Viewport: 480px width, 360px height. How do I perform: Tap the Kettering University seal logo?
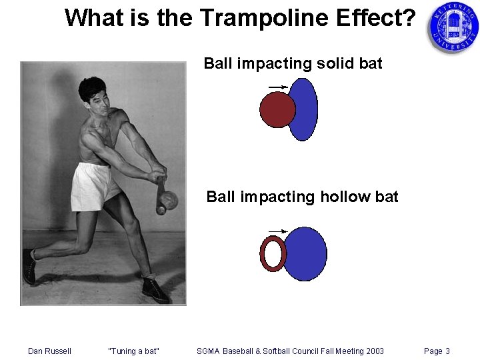pyautogui.click(x=453, y=27)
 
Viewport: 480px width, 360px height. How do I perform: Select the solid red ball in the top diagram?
pyautogui.click(x=276, y=109)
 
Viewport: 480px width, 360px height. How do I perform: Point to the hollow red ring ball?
pyautogui.click(x=272, y=254)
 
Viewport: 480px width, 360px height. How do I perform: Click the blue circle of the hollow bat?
pyautogui.click(x=306, y=254)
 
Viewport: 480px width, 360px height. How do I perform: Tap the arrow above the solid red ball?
pyautogui.click(x=277, y=87)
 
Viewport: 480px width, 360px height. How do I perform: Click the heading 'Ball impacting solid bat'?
pyautogui.click(x=293, y=63)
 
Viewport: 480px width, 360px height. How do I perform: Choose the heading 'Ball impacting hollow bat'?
pyautogui.click(x=302, y=197)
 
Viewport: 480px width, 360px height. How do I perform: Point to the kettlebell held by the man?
pyautogui.click(x=167, y=199)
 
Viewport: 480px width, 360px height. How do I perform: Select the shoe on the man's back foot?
pyautogui.click(x=29, y=266)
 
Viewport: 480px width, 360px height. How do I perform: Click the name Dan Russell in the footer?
pyautogui.click(x=49, y=351)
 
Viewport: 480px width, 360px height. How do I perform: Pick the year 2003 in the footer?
pyautogui.click(x=373, y=351)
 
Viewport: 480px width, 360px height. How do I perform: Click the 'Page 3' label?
pyautogui.click(x=437, y=351)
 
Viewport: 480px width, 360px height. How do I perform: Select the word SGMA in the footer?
pyautogui.click(x=209, y=351)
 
